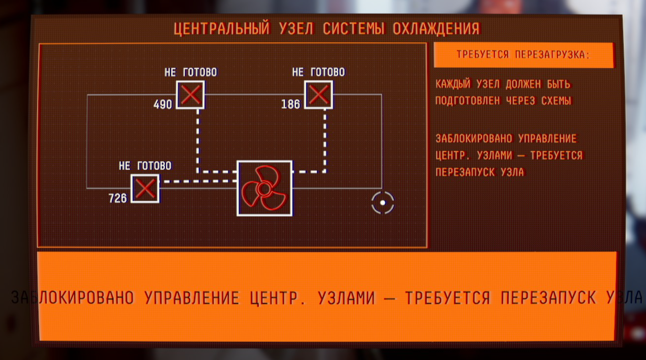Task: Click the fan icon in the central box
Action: point(264,188)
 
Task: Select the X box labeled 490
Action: point(190,95)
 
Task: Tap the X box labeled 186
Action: point(319,95)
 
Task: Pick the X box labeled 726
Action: point(145,189)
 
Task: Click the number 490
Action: point(163,104)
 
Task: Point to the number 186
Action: point(291,104)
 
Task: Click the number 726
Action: point(118,198)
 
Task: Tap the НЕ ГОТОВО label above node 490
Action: point(190,72)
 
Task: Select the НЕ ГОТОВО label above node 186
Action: point(319,72)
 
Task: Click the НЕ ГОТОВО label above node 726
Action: point(145,166)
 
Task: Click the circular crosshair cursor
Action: point(383,202)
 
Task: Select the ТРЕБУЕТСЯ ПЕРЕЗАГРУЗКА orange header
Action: point(523,55)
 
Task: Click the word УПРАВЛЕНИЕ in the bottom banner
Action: point(192,298)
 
